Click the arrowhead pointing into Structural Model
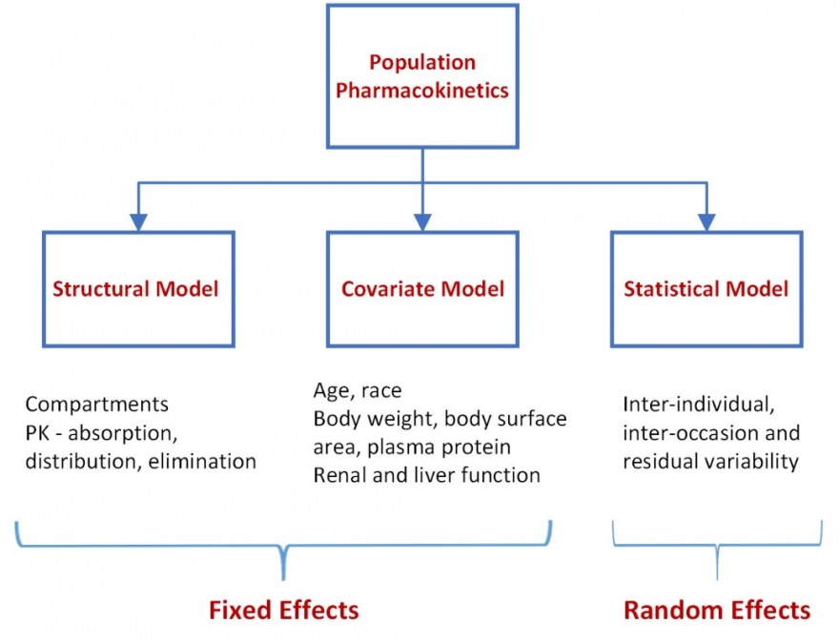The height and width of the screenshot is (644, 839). point(138,222)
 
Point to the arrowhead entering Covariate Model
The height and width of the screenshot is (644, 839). point(422,222)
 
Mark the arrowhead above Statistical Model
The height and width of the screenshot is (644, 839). point(706,222)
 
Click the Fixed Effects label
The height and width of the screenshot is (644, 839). point(283,611)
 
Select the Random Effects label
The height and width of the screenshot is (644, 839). point(717,611)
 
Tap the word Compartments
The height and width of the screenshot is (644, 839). point(97,405)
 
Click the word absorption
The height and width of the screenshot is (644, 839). point(123,433)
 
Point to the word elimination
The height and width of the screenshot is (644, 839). point(202,461)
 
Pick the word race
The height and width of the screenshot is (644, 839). point(381,391)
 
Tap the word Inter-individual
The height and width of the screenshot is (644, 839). point(699,405)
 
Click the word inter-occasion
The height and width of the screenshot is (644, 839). point(690,433)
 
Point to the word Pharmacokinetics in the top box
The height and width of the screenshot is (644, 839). point(422,91)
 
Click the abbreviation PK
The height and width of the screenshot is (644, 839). point(37,433)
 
